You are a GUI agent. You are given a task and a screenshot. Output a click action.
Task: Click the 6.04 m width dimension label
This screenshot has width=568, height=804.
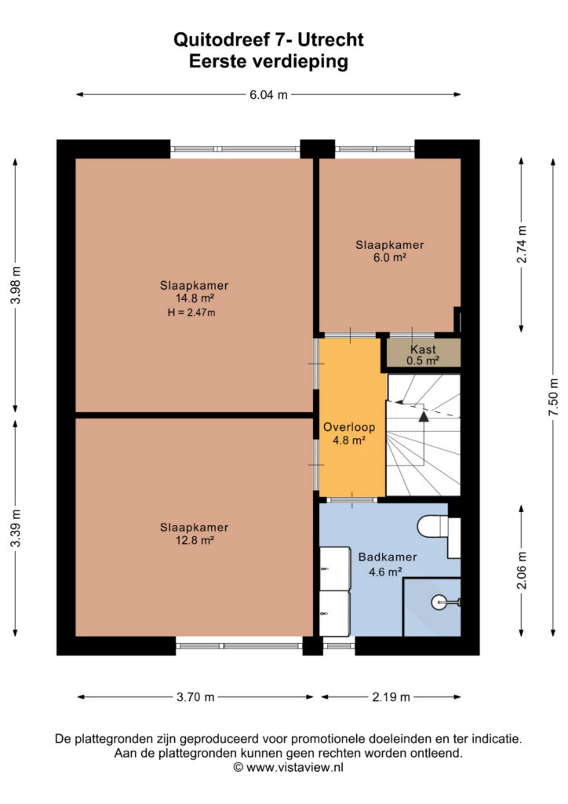pos(268,95)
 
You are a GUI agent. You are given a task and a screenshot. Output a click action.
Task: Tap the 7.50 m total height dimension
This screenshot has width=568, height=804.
pos(554,397)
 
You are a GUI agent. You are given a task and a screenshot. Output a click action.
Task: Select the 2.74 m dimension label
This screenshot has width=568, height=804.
pos(522,244)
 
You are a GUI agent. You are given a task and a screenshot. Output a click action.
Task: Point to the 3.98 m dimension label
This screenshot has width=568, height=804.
pos(16,285)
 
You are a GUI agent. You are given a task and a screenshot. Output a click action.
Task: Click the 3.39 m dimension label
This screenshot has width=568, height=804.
pos(16,528)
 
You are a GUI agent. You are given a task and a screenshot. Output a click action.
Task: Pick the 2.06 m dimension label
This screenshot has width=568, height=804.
pos(522,570)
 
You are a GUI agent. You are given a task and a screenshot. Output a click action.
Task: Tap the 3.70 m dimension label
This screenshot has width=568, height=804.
pos(195,697)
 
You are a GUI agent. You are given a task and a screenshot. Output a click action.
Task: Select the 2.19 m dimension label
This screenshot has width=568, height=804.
pos(391,697)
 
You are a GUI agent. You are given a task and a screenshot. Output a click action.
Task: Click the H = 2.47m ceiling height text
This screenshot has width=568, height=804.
pos(191,312)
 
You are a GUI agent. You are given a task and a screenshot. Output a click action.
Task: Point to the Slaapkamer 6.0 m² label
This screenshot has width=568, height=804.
pos(390,251)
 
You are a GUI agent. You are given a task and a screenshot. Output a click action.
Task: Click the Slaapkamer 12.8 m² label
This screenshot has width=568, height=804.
pos(194,533)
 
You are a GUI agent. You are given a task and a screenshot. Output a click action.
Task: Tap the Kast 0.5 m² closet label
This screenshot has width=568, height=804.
pos(423,355)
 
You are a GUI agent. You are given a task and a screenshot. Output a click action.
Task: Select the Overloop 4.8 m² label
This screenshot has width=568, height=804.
pos(349,433)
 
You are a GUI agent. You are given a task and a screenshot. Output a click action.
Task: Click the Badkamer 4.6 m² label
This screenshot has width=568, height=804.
pos(388,564)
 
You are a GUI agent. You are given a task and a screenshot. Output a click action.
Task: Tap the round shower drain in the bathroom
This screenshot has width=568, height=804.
pos(439,602)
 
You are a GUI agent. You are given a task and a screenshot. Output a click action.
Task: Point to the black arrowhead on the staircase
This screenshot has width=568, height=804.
pos(424,416)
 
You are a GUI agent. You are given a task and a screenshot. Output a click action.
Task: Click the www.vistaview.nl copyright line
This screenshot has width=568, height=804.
pos(289,768)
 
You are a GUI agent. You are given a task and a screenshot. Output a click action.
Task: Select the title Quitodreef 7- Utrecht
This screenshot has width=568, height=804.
pos(268,39)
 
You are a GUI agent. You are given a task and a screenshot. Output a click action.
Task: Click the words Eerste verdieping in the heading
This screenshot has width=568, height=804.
pos(268,61)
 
